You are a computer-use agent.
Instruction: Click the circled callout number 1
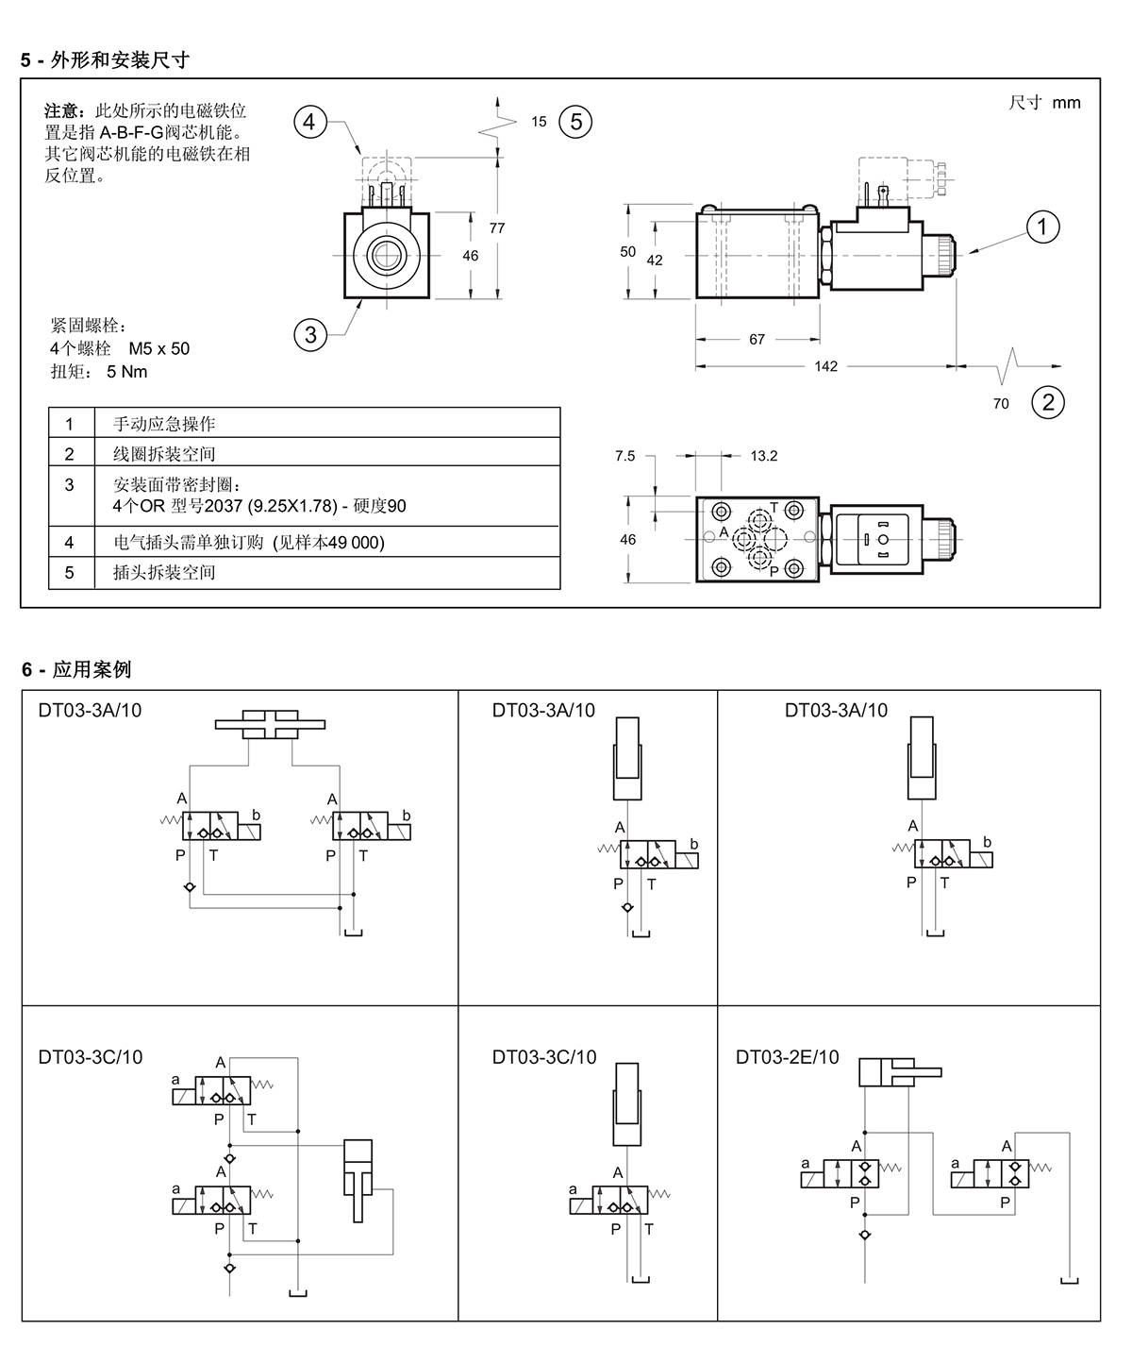click(1042, 227)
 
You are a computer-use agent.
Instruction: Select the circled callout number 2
click(1048, 402)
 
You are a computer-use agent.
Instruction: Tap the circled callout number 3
click(310, 334)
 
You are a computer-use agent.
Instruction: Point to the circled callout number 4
click(310, 122)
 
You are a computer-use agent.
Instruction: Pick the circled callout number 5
click(575, 122)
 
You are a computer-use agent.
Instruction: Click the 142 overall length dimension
click(826, 366)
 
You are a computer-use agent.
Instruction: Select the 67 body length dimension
click(757, 339)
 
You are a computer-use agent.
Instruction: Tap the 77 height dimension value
click(497, 228)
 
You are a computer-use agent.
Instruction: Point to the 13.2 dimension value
click(764, 456)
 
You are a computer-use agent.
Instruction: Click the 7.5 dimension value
click(624, 456)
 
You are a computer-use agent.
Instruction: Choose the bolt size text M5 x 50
click(159, 348)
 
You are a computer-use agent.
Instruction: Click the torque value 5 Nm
click(127, 372)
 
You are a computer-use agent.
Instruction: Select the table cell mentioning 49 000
click(327, 542)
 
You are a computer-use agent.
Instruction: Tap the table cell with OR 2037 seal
click(327, 496)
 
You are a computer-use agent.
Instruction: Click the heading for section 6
click(76, 670)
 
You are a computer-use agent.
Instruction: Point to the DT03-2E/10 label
click(788, 1057)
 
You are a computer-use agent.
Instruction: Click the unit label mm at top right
click(1066, 103)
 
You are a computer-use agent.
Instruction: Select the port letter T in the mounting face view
click(774, 507)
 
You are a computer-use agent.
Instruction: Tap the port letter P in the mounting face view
click(774, 570)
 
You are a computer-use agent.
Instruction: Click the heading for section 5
click(105, 60)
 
